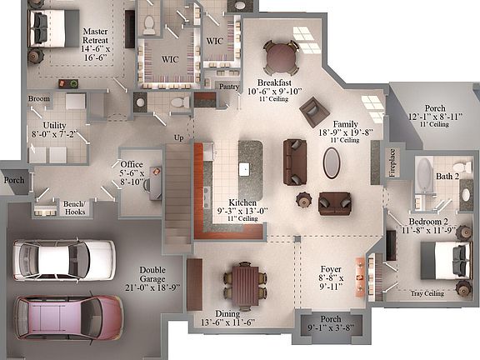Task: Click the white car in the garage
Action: coord(63,258)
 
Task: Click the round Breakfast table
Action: coord(280,57)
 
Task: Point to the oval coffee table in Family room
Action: coord(331,163)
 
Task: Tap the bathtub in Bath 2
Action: coord(424,176)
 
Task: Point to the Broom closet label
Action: coord(38,99)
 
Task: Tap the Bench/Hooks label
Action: coord(75,208)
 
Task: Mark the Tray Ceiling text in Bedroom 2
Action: coord(427,293)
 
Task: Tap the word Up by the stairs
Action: coord(177,137)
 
